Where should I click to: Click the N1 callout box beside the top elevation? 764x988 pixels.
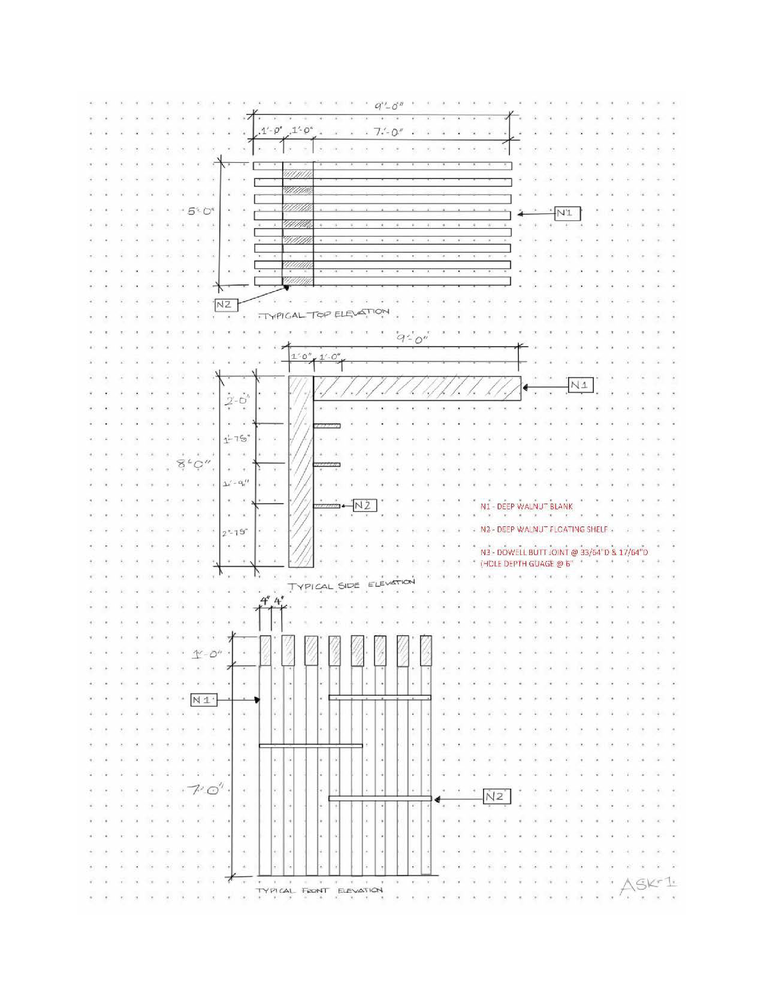567,213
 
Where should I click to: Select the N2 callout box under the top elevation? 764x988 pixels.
224,304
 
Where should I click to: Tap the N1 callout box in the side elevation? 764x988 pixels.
580,386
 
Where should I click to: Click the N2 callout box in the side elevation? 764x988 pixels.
364,505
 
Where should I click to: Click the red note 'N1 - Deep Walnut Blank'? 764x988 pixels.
526,506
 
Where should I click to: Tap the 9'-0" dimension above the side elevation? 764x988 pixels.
412,338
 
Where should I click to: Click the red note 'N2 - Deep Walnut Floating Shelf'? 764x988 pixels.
544,529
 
